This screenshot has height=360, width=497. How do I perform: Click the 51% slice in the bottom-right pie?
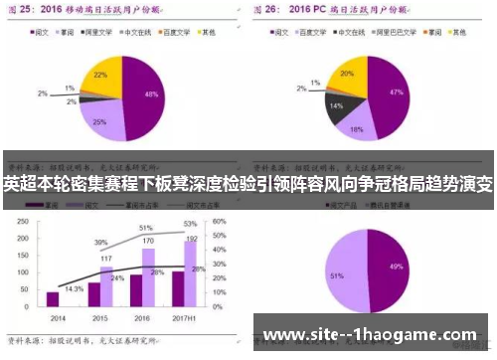click(343, 273)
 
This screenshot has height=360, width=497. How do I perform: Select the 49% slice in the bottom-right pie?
click(396, 269)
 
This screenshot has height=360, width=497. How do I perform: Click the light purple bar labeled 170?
click(148, 277)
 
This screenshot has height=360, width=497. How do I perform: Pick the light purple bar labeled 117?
click(106, 286)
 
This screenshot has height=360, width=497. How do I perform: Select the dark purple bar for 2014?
click(52, 298)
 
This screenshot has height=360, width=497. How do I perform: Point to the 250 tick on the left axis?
click(20, 222)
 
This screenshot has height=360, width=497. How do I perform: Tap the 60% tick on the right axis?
click(224, 222)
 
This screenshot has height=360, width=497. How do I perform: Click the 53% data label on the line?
click(189, 225)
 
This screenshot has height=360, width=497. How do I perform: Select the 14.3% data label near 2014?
click(73, 288)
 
